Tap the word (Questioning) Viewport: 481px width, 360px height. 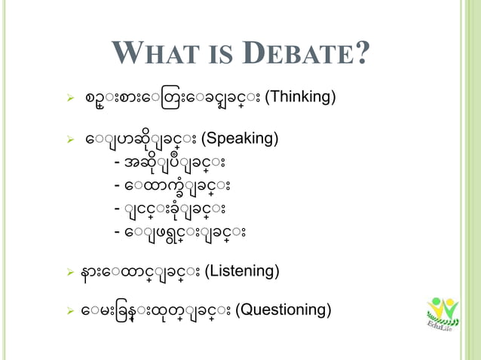[283, 310]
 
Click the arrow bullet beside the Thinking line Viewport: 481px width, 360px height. [69, 98]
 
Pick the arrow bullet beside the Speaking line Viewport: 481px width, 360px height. [69, 140]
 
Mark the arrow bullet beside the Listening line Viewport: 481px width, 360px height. [69, 271]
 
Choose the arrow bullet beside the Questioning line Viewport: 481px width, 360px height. [69, 310]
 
